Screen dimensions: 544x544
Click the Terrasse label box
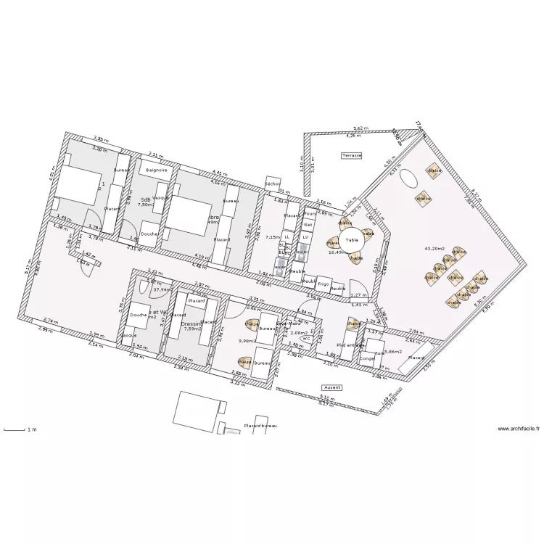pos(352,155)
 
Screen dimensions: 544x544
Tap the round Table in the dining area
pos(352,239)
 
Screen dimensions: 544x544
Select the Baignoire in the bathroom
pos(156,170)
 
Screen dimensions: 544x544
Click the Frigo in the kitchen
pos(324,284)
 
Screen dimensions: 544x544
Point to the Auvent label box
pos(331,387)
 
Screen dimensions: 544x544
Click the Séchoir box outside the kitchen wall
pos(273,184)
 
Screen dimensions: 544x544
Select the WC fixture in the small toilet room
pos(306,338)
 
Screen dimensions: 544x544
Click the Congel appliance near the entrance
pos(367,358)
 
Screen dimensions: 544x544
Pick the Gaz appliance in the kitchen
pos(308,225)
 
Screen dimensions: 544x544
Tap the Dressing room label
pos(191,323)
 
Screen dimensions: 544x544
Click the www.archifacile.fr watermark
pos(519,429)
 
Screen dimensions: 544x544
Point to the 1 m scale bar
pos(19,430)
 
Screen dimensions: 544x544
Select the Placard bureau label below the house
pos(260,426)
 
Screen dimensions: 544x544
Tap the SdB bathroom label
pos(145,199)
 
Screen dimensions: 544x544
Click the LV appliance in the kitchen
pos(305,237)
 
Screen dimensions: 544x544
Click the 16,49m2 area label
pos(337,252)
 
